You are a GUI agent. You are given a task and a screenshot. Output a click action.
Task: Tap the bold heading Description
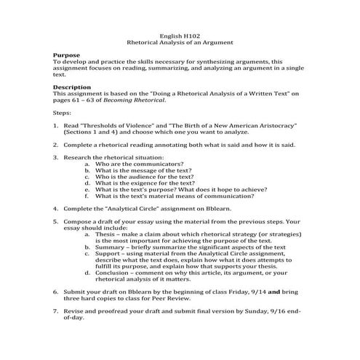pos(73,87)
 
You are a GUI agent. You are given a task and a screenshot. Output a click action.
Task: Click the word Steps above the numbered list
pos(63,113)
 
